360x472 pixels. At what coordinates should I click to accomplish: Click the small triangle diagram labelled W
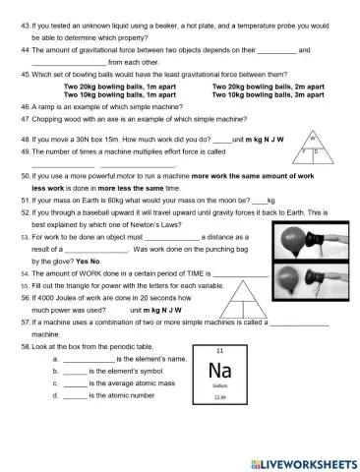click(312, 147)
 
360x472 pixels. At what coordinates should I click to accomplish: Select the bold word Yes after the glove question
click(82, 262)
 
